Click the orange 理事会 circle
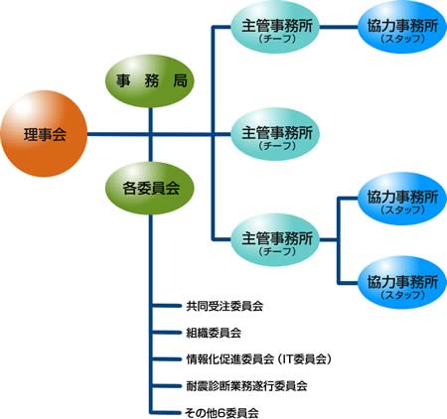pos(44,134)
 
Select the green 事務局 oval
pos(150,81)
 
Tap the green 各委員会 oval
pos(150,188)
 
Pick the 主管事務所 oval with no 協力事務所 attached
pos(275,134)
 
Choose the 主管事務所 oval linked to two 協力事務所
pos(275,240)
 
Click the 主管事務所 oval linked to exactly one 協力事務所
pos(275,27)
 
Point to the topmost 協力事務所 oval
pos(402,27)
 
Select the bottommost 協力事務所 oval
pos(402,282)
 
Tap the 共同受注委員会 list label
pos(224,306)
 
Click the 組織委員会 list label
pos(214,333)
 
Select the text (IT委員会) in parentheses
pos(304,359)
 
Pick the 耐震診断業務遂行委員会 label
pos(246,386)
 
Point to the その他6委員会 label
pos(222,413)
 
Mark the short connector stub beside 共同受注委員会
pos(166,306)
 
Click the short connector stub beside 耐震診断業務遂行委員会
pos(166,386)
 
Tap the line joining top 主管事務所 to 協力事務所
pos(339,27)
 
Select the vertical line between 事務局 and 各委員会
pos(151,134)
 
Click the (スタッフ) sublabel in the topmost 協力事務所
pos(402,39)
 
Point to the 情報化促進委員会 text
pos(230,359)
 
